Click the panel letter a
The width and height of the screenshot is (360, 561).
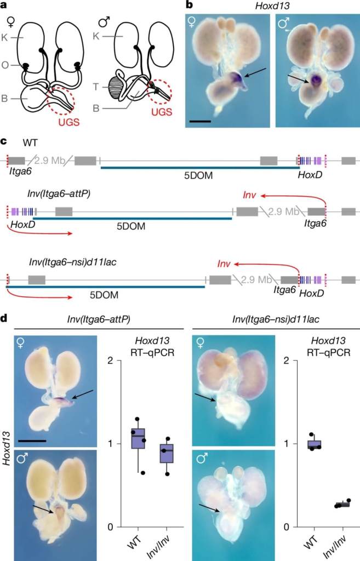tap(4, 5)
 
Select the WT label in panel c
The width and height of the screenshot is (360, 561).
tap(31, 143)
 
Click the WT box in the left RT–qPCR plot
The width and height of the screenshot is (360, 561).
tap(139, 438)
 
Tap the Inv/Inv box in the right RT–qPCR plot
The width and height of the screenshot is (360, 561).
tap(342, 504)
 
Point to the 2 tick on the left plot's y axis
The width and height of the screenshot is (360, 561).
tap(110, 361)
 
